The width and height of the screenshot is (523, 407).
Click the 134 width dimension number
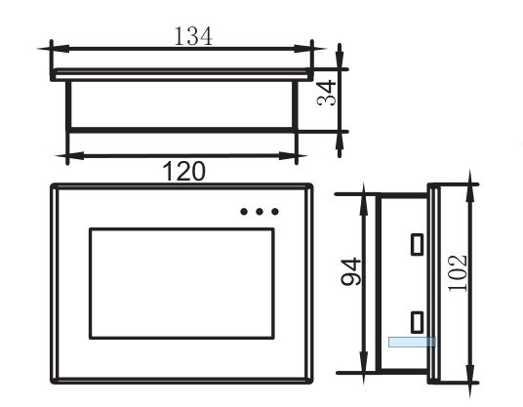(x=193, y=36)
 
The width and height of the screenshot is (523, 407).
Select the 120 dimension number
(x=184, y=171)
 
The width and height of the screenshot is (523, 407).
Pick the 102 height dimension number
(x=459, y=272)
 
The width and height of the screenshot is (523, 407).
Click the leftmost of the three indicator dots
(x=243, y=211)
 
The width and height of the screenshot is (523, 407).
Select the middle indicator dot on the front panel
(x=259, y=211)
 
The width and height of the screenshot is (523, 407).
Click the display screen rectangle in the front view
(x=181, y=283)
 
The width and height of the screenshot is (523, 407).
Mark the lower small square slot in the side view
(x=417, y=319)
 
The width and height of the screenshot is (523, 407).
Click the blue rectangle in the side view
(x=411, y=343)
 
